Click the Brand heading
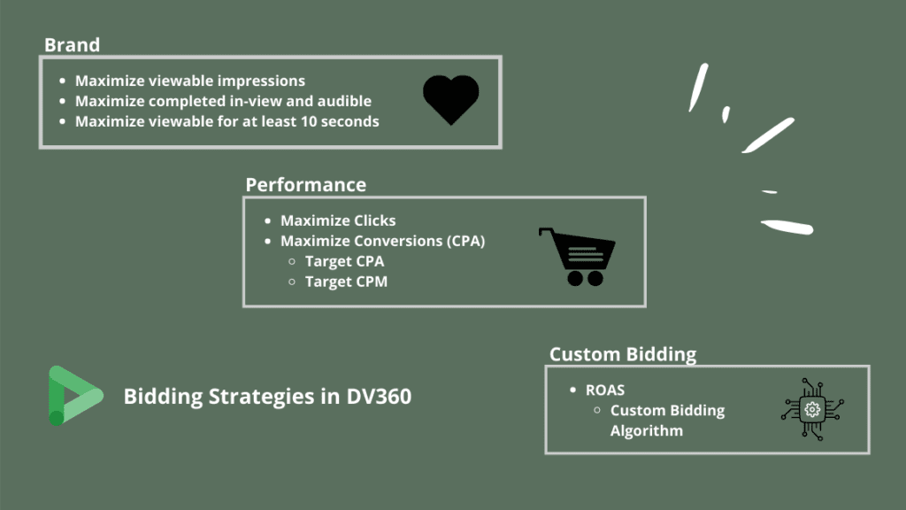(x=73, y=45)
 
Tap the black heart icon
(x=450, y=99)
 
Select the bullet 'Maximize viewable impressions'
(x=190, y=81)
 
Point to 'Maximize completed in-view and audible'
(x=223, y=101)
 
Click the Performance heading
(x=305, y=185)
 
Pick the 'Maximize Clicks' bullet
(x=338, y=220)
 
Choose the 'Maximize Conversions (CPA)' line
(x=382, y=241)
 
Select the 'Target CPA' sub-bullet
(x=344, y=261)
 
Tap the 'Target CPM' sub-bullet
(x=346, y=282)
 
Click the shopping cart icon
(x=577, y=257)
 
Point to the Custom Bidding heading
(x=623, y=354)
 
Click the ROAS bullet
(x=605, y=390)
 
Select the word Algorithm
(x=647, y=431)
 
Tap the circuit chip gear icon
(x=812, y=409)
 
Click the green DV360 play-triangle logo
(x=75, y=396)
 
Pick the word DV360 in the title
(x=379, y=397)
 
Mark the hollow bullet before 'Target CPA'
(x=292, y=262)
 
